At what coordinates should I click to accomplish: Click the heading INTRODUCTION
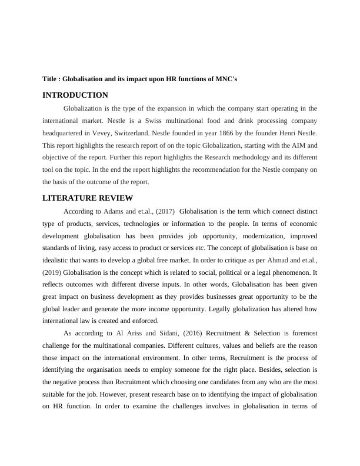tap(75, 95)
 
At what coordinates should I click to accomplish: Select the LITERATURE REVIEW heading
tap(88, 198)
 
